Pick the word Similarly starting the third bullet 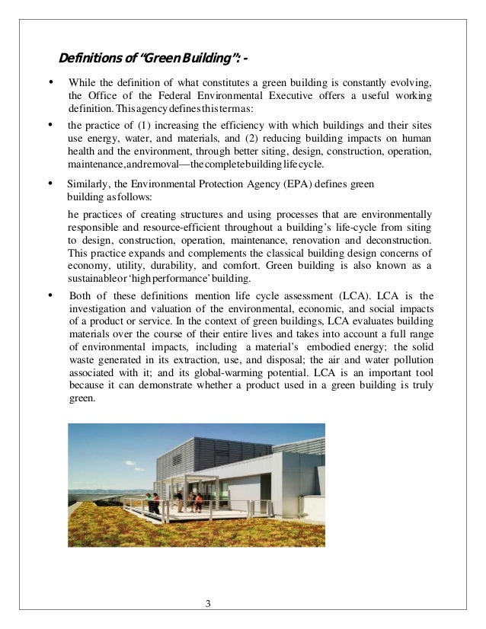tap(88, 184)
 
